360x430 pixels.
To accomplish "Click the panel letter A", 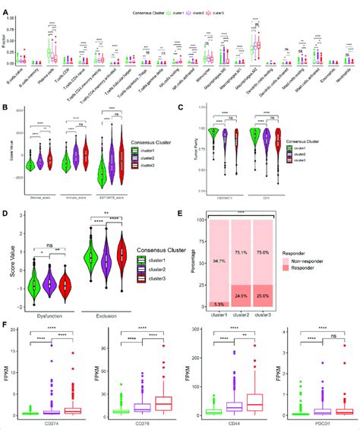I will (x=6, y=5).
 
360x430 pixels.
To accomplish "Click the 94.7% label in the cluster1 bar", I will (x=220, y=258).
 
